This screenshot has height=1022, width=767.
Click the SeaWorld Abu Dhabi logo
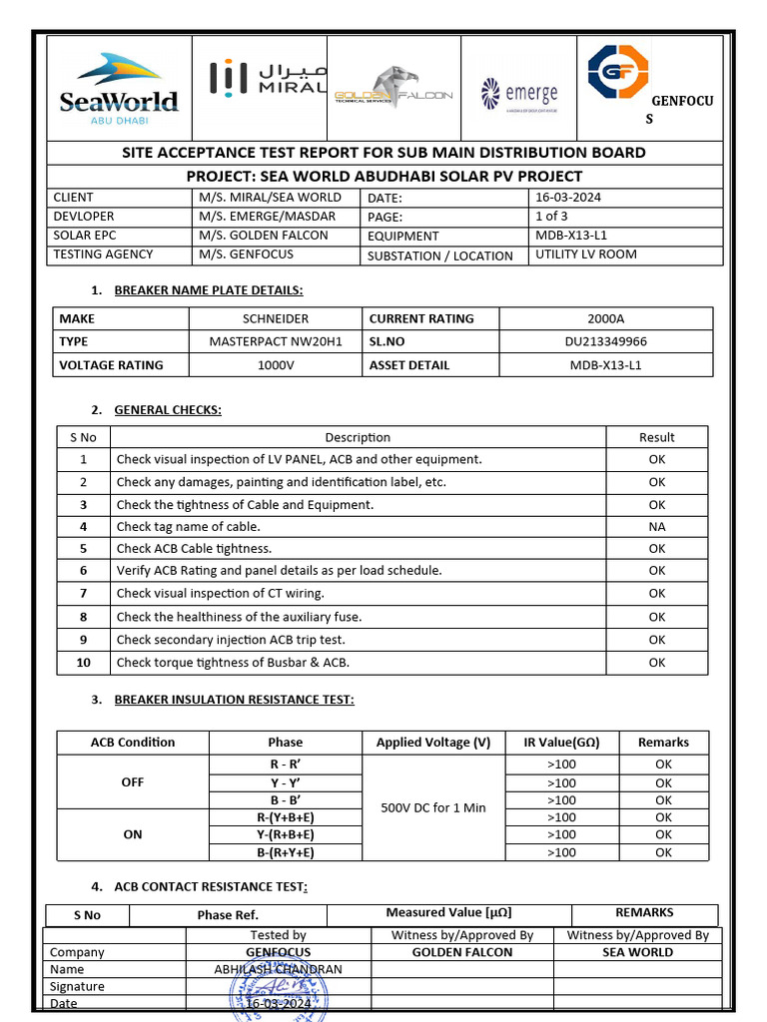coord(119,88)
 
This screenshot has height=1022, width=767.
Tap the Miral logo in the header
coord(267,78)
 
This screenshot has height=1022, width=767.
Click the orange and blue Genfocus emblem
coord(617,72)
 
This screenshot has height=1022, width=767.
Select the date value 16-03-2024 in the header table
coord(568,198)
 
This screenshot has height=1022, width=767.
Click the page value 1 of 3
coord(551,217)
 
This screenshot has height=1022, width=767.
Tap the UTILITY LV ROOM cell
coord(585,255)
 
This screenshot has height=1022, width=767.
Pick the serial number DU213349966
coord(605,341)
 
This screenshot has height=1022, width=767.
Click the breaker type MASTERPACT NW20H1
coord(275,341)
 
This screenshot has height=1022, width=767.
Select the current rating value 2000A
coord(605,319)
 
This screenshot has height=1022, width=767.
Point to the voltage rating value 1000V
coord(275,364)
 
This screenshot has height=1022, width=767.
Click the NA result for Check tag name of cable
coord(656,527)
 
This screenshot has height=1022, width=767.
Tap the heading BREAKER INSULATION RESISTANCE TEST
coord(234,700)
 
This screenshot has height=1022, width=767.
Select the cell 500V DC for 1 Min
coord(433,807)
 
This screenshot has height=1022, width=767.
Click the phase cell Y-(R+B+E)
coord(285,834)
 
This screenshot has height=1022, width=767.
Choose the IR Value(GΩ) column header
coord(561,743)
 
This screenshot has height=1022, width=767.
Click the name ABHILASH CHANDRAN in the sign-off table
coord(278,969)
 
